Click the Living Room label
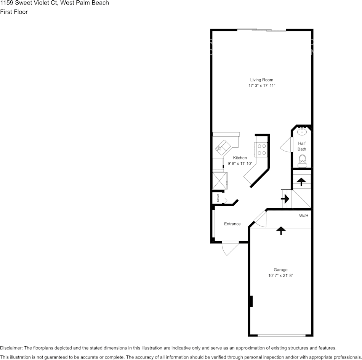261,80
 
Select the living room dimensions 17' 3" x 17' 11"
261,86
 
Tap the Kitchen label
240,158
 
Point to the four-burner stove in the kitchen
261,149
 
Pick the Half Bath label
302,146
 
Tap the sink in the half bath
302,132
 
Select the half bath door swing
285,145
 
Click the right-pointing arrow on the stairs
285,199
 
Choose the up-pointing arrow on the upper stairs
301,182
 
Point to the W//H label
304,216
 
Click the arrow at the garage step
281,230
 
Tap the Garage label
280,270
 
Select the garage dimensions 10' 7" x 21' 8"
280,276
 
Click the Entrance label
232,224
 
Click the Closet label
218,198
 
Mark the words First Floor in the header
14,12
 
